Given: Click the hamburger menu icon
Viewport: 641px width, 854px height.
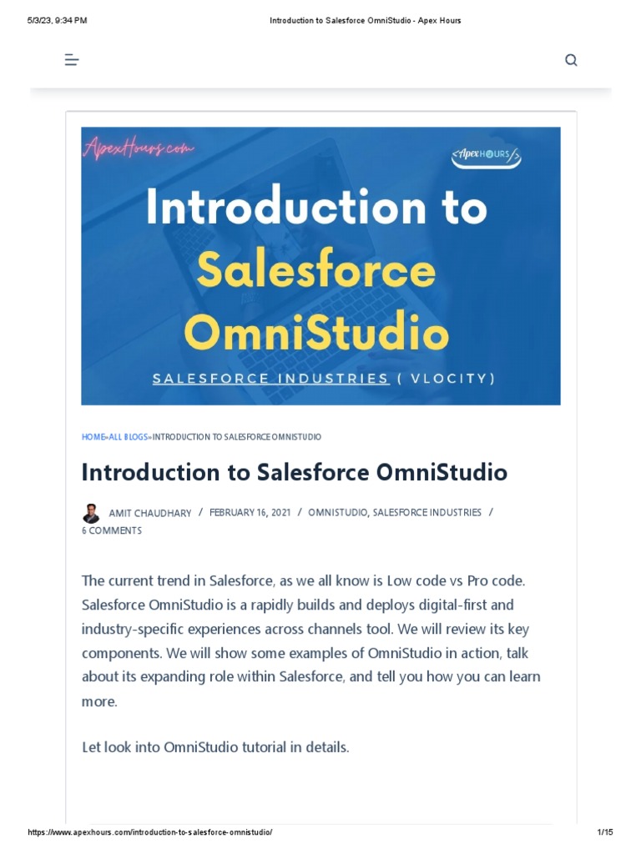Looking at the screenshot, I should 72,60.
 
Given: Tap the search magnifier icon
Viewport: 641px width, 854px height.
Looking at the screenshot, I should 571,60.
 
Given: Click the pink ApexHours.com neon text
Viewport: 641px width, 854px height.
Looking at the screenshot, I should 139,149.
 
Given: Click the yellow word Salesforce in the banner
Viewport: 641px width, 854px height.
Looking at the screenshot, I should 316,270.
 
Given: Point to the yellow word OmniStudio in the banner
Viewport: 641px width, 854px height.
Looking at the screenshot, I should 316,333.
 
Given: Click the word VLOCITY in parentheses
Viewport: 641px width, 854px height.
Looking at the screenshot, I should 451,379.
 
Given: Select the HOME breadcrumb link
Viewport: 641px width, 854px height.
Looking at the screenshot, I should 93,437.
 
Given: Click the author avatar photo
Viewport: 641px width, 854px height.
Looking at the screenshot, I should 90,514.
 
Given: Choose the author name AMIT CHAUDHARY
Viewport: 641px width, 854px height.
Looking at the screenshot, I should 150,514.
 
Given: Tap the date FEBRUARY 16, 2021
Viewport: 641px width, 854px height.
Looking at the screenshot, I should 250,513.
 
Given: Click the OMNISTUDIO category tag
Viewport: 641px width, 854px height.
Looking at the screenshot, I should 337,513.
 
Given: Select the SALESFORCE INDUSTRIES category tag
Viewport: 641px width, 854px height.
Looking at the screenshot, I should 427,513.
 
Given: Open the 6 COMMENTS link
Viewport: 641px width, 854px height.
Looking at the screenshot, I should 112,531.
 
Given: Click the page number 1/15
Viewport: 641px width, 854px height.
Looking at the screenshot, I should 605,833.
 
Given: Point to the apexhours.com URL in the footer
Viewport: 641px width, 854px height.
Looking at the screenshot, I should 150,833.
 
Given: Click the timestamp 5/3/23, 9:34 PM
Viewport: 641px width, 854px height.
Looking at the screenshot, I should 57,20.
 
